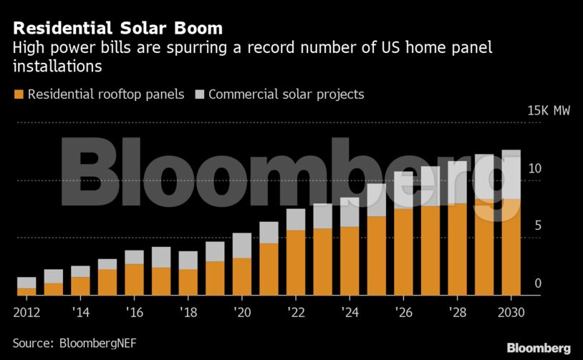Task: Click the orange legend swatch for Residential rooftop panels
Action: tap(19, 94)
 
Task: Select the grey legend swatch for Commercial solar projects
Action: tap(200, 94)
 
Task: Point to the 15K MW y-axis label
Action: tap(549, 111)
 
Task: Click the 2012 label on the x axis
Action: tap(26, 313)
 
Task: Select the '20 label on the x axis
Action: tap(241, 313)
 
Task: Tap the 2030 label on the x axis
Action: tap(511, 313)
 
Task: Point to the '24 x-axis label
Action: tap(349, 313)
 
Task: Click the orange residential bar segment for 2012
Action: tap(26, 291)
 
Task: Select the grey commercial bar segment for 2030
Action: tap(511, 175)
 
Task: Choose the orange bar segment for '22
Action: tap(295, 263)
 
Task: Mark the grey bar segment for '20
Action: tap(241, 245)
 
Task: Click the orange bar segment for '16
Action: tap(134, 280)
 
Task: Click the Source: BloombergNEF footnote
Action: tap(74, 344)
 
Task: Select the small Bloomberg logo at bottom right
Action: tap(539, 348)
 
